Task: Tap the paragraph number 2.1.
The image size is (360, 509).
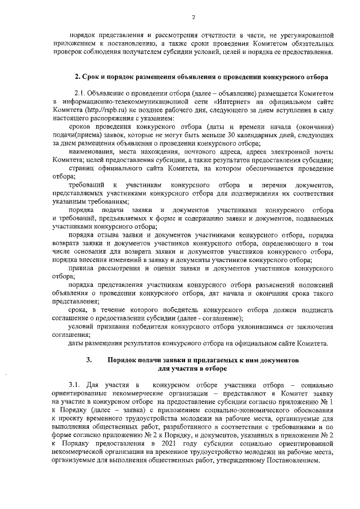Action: tap(83, 93)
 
